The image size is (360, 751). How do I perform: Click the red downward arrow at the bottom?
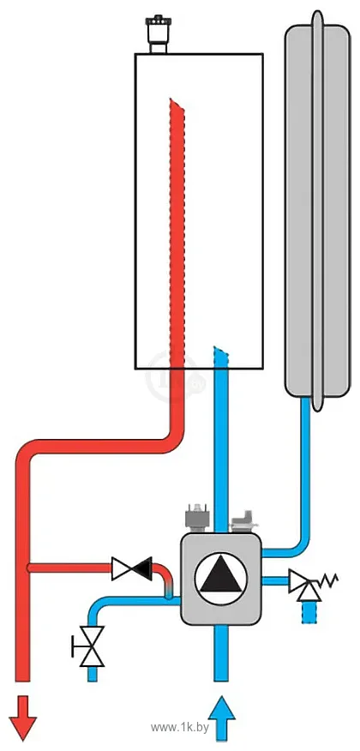(x=22, y=718)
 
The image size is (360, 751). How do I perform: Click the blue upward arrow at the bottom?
(x=221, y=718)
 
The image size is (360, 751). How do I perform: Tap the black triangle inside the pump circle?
(x=220, y=577)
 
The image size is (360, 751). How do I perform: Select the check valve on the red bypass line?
(x=132, y=568)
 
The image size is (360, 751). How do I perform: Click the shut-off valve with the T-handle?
(x=89, y=646)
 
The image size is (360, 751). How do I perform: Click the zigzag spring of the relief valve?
(x=328, y=580)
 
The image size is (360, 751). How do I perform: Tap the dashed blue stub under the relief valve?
(x=310, y=612)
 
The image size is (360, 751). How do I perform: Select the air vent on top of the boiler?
(x=159, y=35)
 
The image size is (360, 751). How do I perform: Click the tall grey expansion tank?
(x=316, y=211)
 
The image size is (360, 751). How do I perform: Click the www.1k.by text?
(x=180, y=728)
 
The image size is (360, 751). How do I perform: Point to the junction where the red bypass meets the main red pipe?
(x=29, y=568)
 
